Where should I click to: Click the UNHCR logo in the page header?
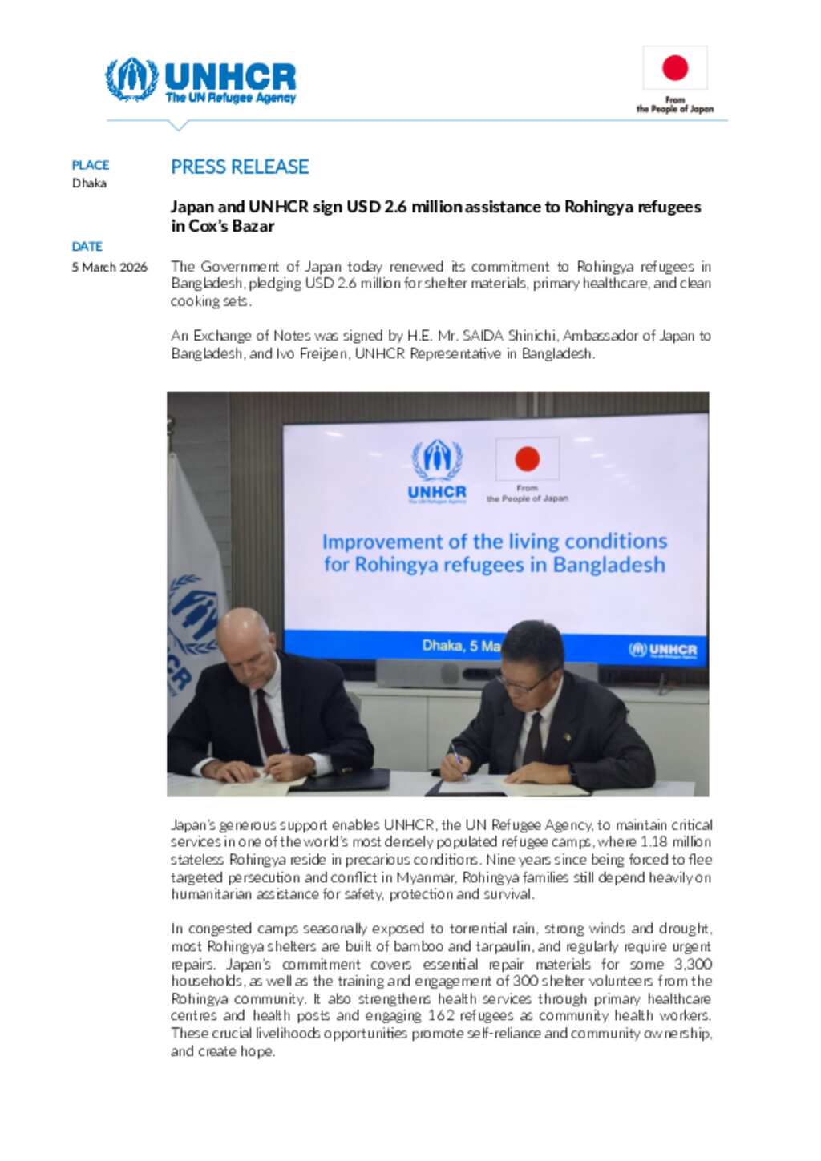tap(200, 80)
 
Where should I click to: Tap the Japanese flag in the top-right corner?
tap(675, 68)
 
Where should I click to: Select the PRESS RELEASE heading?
tap(240, 167)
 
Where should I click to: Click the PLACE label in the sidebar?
tap(91, 165)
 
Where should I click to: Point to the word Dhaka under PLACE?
tap(89, 183)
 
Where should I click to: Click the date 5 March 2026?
tap(110, 268)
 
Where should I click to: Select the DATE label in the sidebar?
tap(87, 247)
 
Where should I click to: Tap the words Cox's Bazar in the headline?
tap(232, 226)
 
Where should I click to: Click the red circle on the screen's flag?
tap(527, 459)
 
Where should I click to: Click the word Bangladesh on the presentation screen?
tap(609, 565)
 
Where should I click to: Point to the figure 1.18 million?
tap(681, 842)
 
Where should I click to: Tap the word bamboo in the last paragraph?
tap(419, 946)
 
